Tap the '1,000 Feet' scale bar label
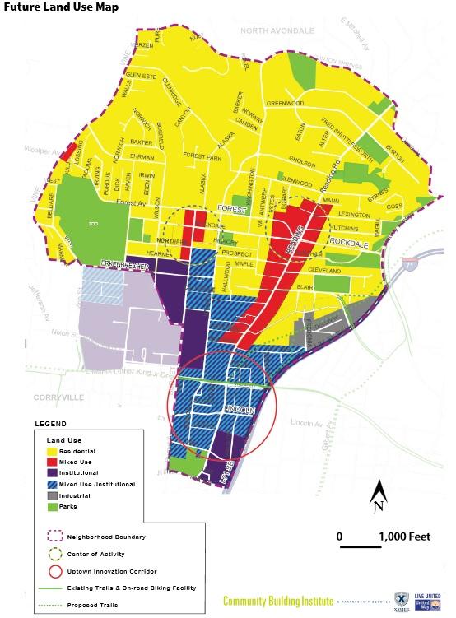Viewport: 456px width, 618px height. [x=404, y=537]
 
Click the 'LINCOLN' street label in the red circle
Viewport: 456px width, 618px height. [x=239, y=410]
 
